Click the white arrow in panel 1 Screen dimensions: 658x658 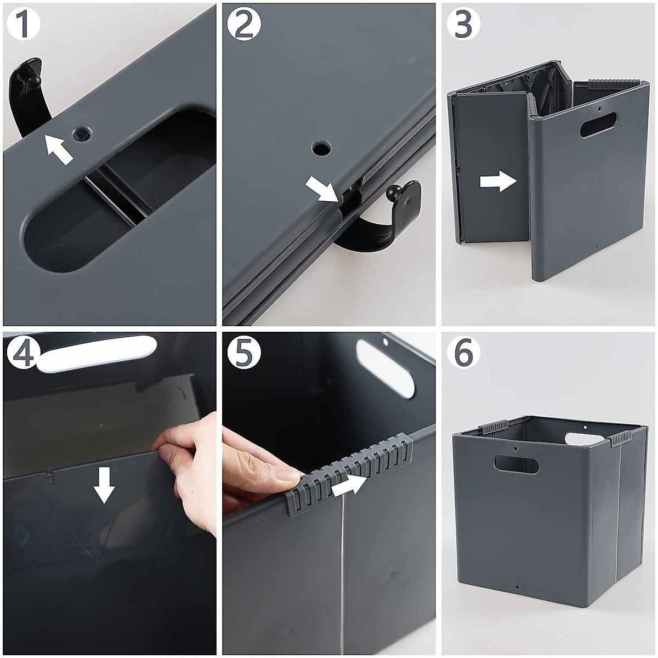point(59,150)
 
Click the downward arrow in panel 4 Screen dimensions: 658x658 point(104,485)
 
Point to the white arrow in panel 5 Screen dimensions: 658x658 point(351,483)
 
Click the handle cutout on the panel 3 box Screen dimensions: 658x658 point(598,125)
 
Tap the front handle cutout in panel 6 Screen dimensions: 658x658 point(516,465)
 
